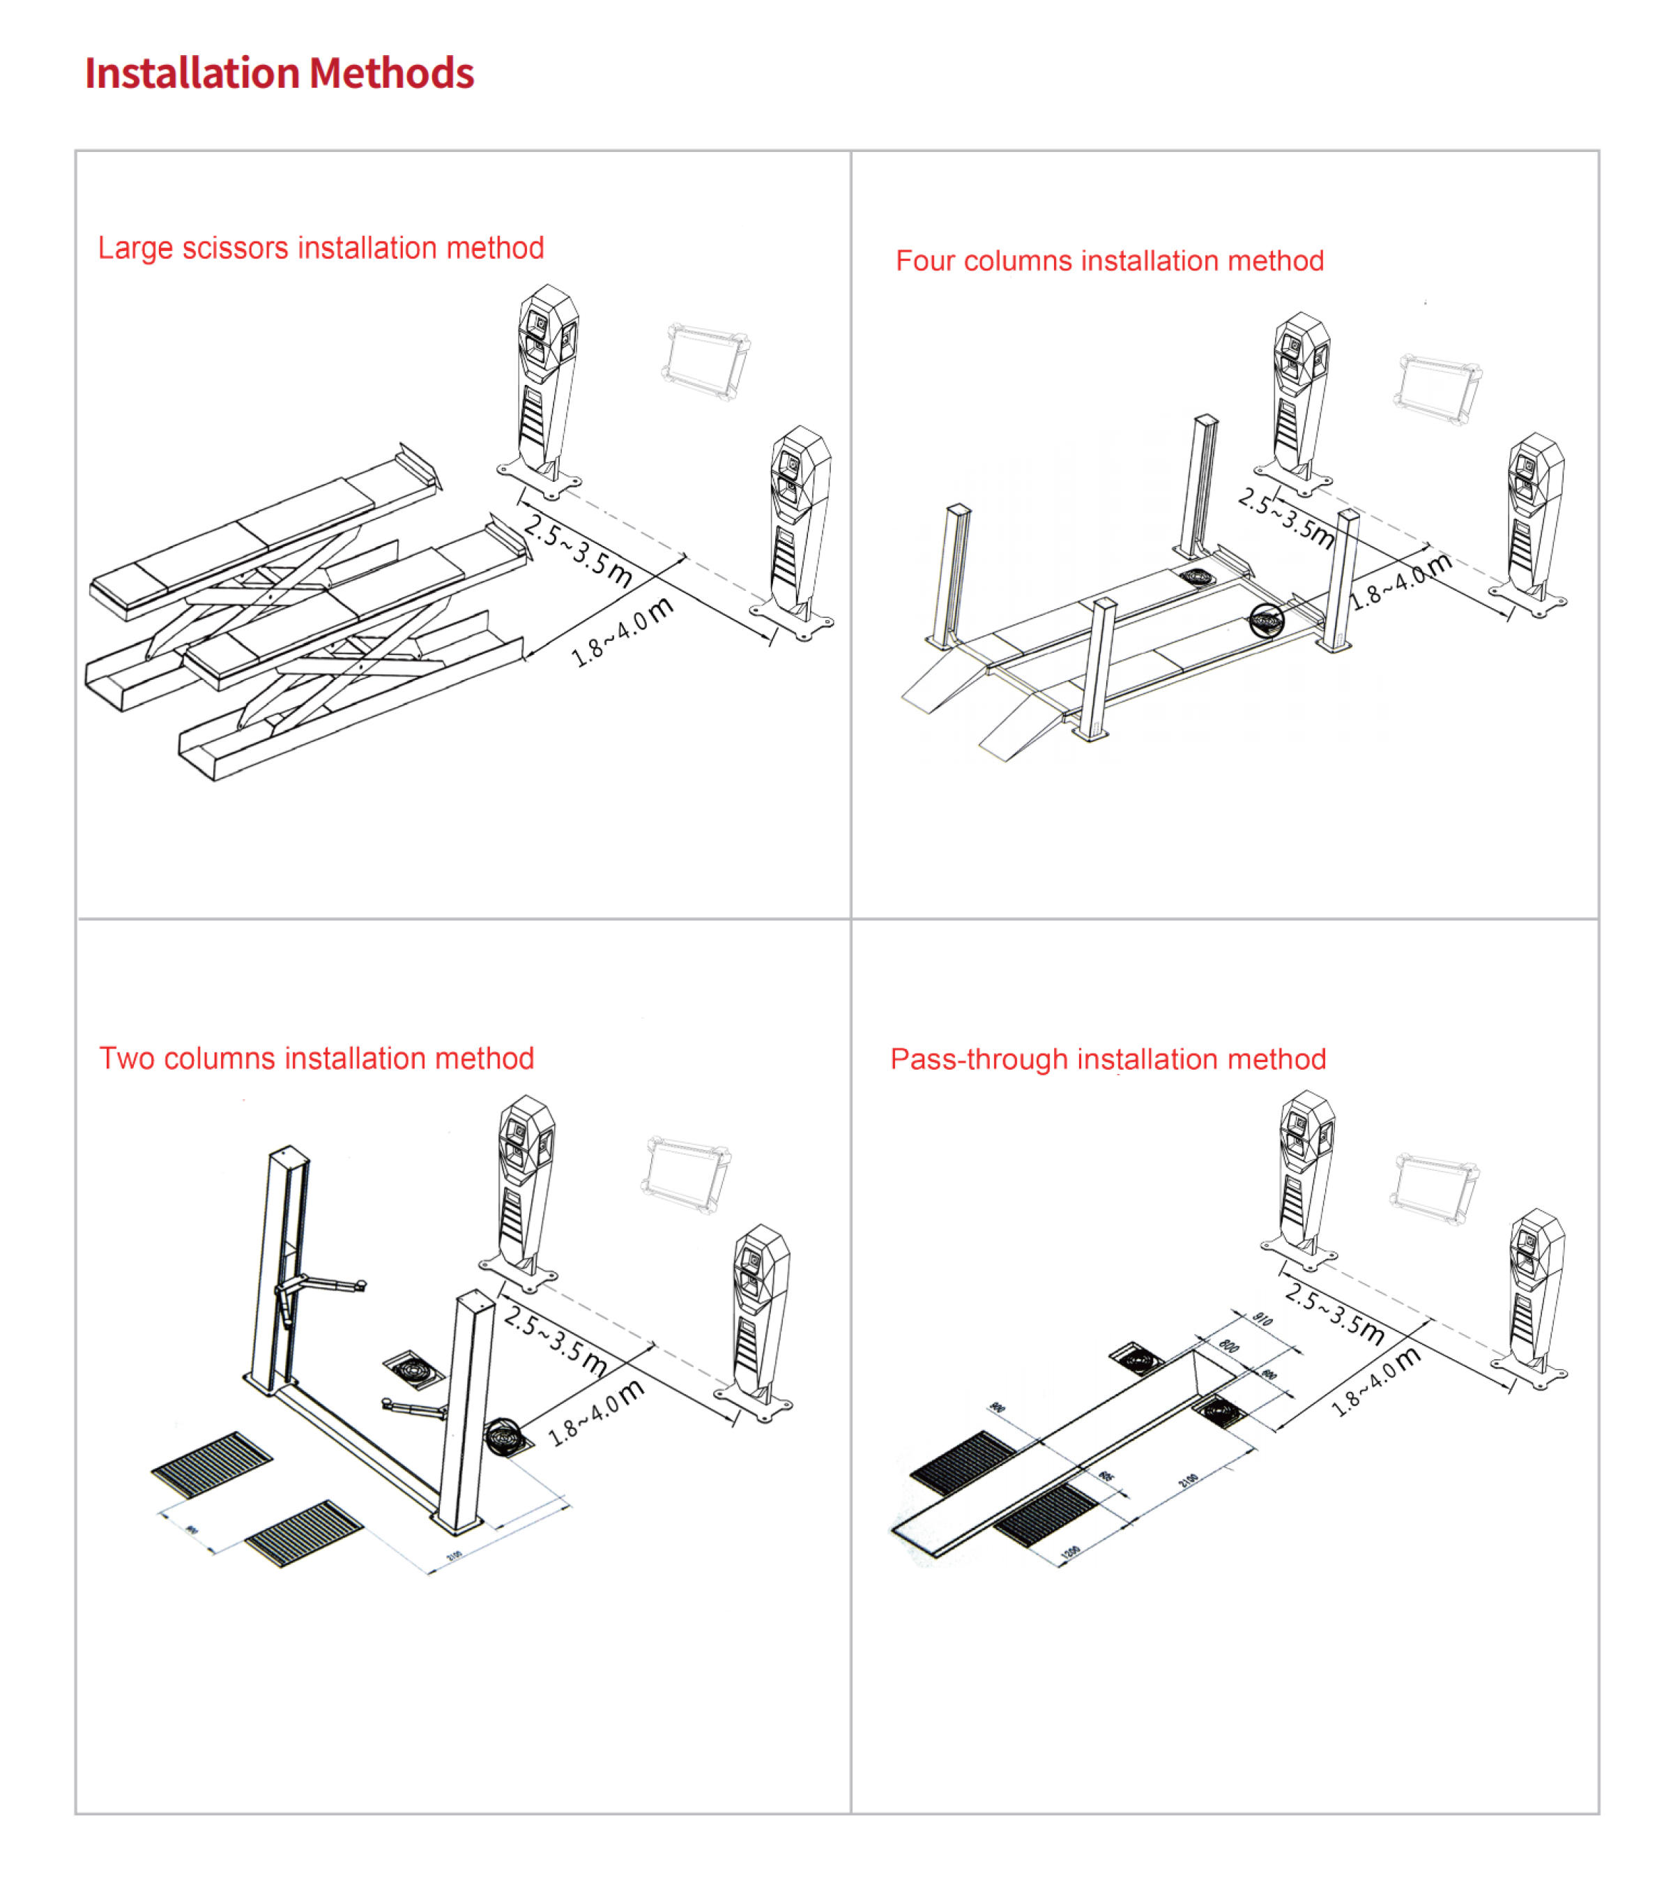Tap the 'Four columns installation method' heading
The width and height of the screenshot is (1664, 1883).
click(x=1108, y=261)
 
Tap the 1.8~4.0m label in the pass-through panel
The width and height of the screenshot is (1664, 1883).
click(x=1376, y=1382)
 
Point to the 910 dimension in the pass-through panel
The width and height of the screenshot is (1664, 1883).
click(x=1262, y=1320)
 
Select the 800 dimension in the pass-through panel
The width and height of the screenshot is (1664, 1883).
click(x=1228, y=1346)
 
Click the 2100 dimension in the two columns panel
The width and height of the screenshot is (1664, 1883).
click(x=454, y=1556)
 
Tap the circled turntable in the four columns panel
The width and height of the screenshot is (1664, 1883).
click(x=1266, y=621)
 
